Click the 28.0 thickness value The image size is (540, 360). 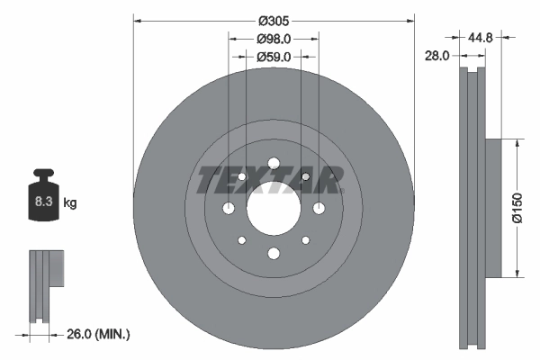pos(436,56)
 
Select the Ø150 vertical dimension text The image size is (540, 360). pos(517,206)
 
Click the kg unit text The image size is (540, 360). pos(70,203)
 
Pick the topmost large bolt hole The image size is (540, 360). pos(273,163)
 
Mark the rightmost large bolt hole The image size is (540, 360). pos(319,209)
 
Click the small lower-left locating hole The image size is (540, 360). pos(240,240)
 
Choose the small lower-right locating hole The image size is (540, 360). pos(305,240)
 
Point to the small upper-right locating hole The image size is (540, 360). pos(305,176)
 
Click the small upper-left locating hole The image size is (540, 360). pos(240,176)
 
